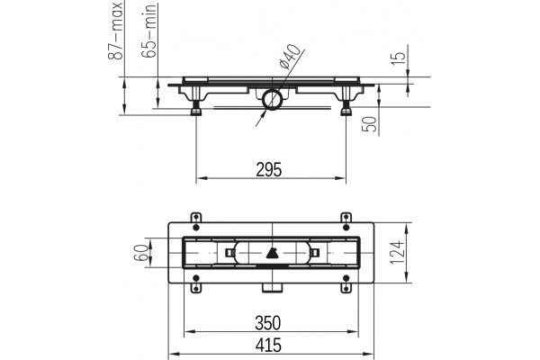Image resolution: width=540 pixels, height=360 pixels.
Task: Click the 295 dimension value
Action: point(268,169)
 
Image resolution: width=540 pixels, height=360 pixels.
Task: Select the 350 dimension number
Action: point(268,323)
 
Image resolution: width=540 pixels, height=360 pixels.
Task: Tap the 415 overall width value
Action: point(268,346)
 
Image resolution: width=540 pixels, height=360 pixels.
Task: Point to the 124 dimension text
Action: point(397,253)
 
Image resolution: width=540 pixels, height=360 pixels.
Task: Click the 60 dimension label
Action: point(141,253)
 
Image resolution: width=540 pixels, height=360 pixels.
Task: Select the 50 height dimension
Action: point(369,124)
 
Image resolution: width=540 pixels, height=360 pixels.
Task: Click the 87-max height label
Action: point(115,31)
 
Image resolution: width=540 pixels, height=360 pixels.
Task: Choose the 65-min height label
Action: point(148,31)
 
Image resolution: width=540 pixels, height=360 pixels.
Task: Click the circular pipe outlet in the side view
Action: point(273,100)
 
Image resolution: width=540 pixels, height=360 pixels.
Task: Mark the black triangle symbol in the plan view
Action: point(273,253)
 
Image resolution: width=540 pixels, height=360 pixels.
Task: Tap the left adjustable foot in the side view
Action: point(196,102)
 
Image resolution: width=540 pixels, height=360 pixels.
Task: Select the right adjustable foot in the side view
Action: point(346,102)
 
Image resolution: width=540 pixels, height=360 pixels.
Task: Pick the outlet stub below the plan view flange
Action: point(273,288)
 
